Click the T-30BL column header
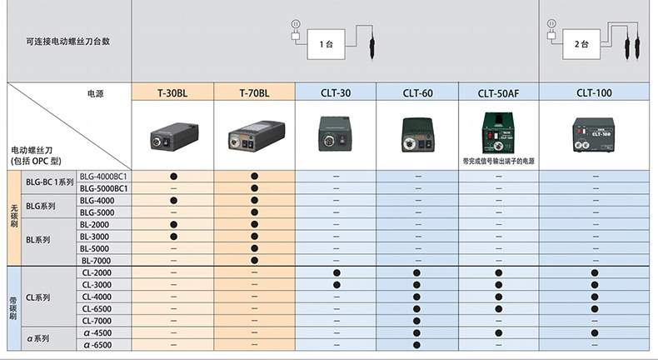[172, 92]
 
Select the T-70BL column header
[254, 92]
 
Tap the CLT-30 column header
[336, 92]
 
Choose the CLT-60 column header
[417, 92]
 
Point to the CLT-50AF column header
[498, 92]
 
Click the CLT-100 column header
[595, 92]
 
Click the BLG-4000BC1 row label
[103, 177]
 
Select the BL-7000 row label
[96, 261]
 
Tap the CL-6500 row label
[97, 308]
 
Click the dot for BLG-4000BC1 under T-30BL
[172, 177]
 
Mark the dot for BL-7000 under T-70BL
[254, 261]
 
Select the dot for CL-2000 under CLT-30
[336, 272]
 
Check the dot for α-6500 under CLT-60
[417, 344]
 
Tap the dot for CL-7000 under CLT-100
[595, 321]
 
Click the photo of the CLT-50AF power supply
[498, 132]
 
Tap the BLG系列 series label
[41, 207]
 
